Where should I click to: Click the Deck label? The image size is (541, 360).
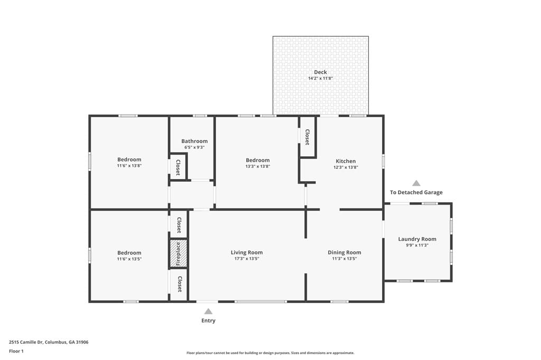[320, 72]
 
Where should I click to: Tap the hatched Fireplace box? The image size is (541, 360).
[179, 254]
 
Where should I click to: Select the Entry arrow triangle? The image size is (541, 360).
[208, 311]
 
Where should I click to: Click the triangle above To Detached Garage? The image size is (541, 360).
[416, 183]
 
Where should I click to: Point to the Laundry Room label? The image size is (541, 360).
[417, 239]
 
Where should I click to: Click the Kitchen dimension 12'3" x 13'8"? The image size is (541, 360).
[346, 167]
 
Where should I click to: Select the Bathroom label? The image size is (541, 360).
[194, 141]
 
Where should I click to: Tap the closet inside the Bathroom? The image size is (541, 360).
[178, 167]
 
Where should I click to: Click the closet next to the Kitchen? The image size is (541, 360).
[307, 137]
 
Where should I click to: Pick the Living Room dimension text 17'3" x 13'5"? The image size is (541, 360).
[246, 259]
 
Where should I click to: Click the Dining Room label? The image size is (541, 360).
[344, 252]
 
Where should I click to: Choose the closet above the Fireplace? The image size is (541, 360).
[179, 225]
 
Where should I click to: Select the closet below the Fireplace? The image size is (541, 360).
[179, 285]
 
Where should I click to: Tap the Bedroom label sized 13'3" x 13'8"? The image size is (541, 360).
[258, 160]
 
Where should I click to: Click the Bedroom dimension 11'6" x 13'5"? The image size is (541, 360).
[129, 259]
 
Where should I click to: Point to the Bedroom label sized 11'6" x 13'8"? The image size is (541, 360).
[129, 159]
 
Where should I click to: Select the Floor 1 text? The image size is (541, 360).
[16, 351]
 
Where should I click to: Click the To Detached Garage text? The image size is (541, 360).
[416, 193]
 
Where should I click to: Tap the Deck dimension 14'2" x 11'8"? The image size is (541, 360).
[320, 79]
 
